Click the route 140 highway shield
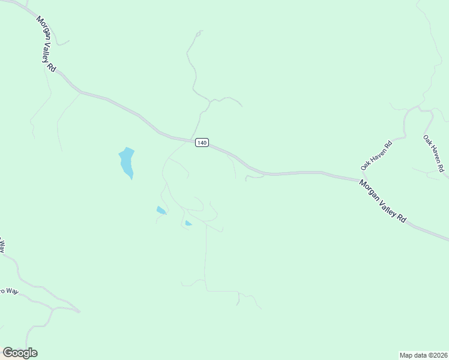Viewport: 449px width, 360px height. (202, 143)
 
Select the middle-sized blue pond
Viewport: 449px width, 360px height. (161, 210)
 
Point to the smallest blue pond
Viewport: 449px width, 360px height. (188, 224)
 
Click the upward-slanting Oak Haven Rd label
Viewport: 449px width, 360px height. (376, 154)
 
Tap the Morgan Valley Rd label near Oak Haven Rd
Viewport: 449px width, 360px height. (382, 201)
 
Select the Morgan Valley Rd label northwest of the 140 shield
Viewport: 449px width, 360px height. (46, 44)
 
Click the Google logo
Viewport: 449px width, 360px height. (20, 353)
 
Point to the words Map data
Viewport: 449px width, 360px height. (414, 354)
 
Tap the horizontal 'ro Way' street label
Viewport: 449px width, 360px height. (9, 292)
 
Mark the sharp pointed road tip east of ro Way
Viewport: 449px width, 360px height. (79, 311)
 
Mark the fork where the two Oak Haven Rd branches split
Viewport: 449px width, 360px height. (419, 109)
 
